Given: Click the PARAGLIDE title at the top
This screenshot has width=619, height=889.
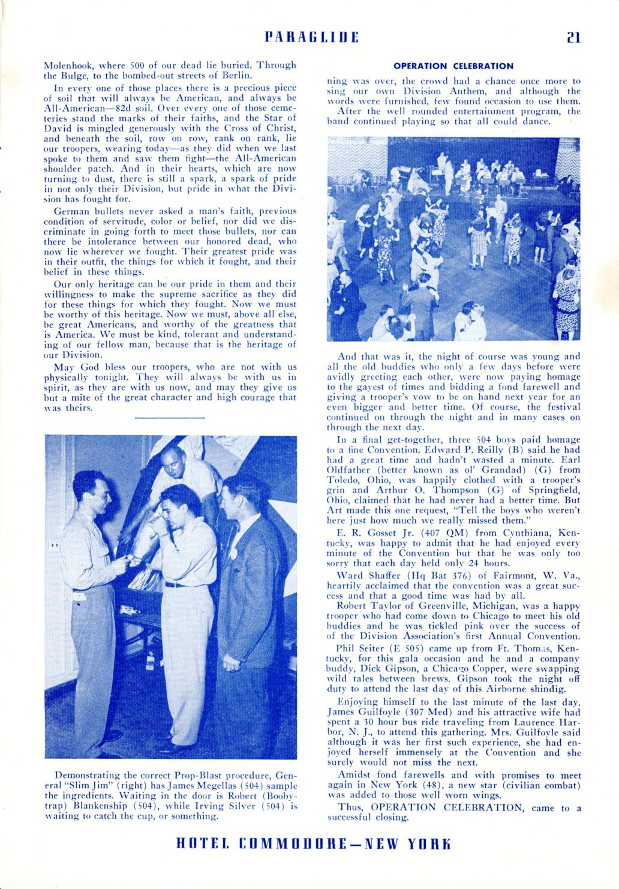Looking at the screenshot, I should pos(312,37).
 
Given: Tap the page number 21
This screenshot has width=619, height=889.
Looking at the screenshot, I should pos(573,37).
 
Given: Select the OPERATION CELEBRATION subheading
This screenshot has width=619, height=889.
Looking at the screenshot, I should pos(453,66).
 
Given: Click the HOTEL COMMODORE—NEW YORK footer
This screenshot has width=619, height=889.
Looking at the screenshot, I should pos(312,844).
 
